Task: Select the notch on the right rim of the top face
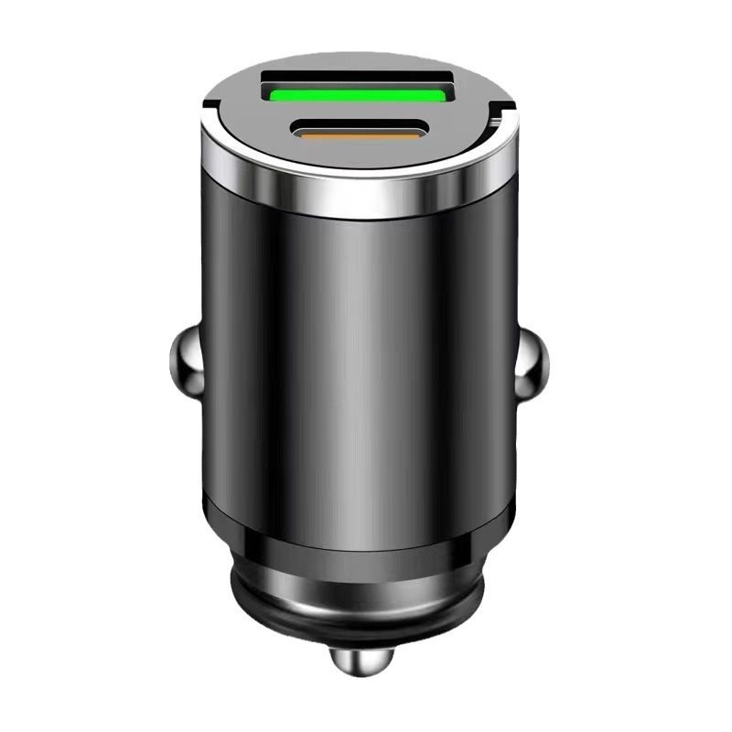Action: (x=497, y=116)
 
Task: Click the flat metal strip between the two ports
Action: (x=359, y=113)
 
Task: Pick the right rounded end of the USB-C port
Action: (x=421, y=134)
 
